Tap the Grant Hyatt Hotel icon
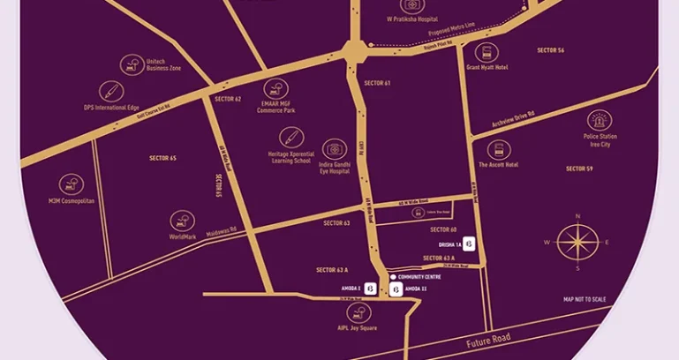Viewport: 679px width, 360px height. (x=487, y=52)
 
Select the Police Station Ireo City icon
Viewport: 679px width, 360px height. (x=600, y=121)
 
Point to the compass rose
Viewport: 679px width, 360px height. (x=577, y=242)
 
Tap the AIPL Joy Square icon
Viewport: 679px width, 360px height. (x=359, y=312)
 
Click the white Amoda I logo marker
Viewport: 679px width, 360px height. (x=370, y=289)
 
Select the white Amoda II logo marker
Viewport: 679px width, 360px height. (x=396, y=289)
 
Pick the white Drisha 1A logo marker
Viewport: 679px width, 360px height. (x=470, y=244)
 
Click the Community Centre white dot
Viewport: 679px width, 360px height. (x=393, y=277)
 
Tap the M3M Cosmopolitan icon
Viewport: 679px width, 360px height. (x=71, y=184)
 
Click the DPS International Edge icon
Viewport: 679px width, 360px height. (x=111, y=91)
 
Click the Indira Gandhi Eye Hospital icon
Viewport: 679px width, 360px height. (x=334, y=148)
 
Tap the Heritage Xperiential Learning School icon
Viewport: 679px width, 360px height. (x=290, y=138)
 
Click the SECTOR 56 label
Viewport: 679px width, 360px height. (x=550, y=50)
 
